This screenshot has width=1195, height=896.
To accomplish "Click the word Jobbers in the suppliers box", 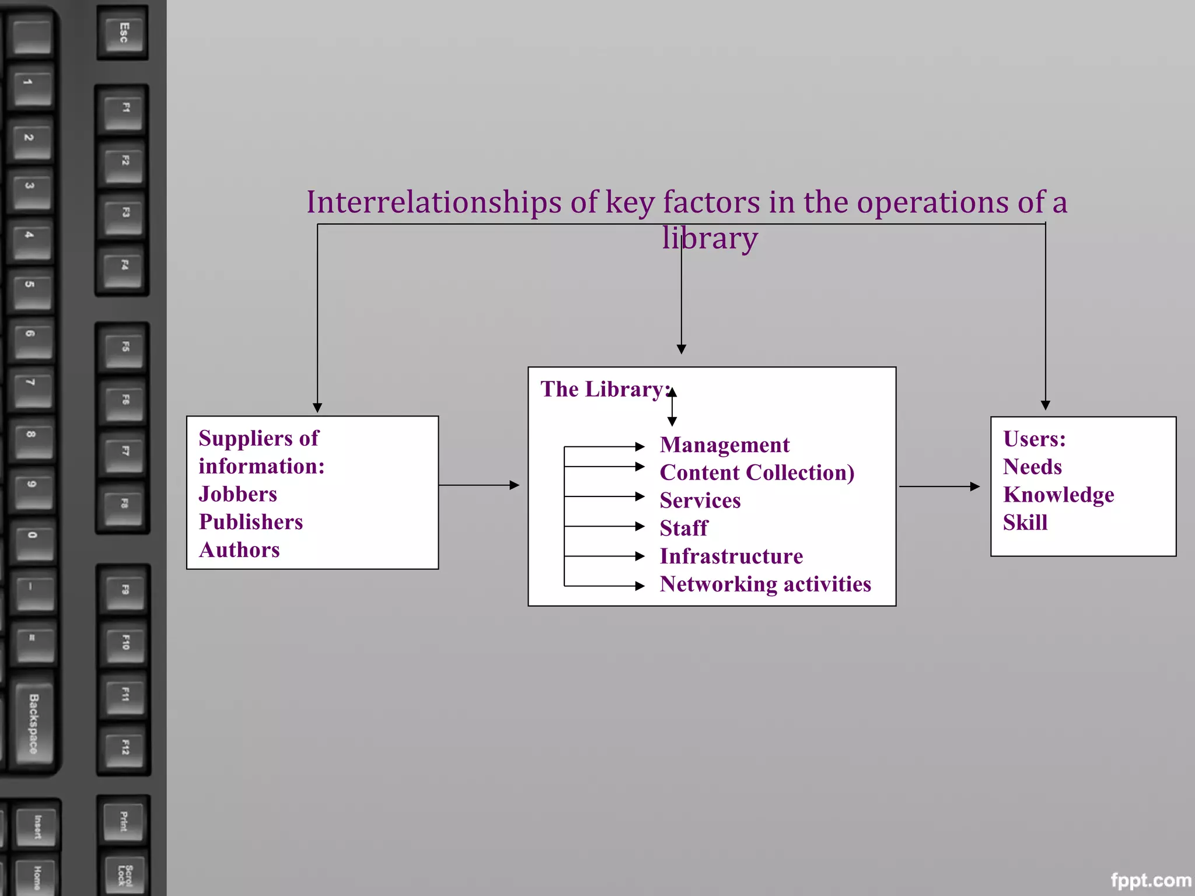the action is [x=237, y=494].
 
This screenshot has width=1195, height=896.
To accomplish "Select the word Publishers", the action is [x=251, y=522].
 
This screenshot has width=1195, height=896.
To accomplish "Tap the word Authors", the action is [x=239, y=550].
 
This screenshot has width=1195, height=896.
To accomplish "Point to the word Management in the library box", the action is [x=724, y=445].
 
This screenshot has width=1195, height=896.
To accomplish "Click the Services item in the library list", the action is [x=700, y=501].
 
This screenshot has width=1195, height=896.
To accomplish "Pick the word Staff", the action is [x=683, y=528].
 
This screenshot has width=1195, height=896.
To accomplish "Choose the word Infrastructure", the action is [x=731, y=556].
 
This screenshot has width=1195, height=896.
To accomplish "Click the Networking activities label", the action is [x=765, y=584].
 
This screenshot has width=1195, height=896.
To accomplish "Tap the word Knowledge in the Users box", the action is [x=1058, y=495].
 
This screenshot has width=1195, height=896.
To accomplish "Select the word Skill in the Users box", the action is [x=1025, y=523].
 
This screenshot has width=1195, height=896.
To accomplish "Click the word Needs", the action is [x=1032, y=467].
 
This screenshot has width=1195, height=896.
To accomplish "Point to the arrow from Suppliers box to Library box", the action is [x=478, y=485].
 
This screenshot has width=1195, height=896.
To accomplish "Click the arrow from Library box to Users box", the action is [x=939, y=486].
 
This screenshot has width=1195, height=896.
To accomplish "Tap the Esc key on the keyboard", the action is [x=123, y=32].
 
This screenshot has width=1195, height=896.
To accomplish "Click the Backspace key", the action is [x=34, y=723].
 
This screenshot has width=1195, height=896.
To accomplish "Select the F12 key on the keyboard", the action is [x=124, y=747].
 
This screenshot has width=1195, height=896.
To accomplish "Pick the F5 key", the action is [x=124, y=346].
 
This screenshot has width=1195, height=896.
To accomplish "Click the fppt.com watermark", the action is [x=1151, y=880].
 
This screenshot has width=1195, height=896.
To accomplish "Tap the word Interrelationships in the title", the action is [x=434, y=202].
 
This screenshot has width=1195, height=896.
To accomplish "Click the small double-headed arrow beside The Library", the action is [x=672, y=407].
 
